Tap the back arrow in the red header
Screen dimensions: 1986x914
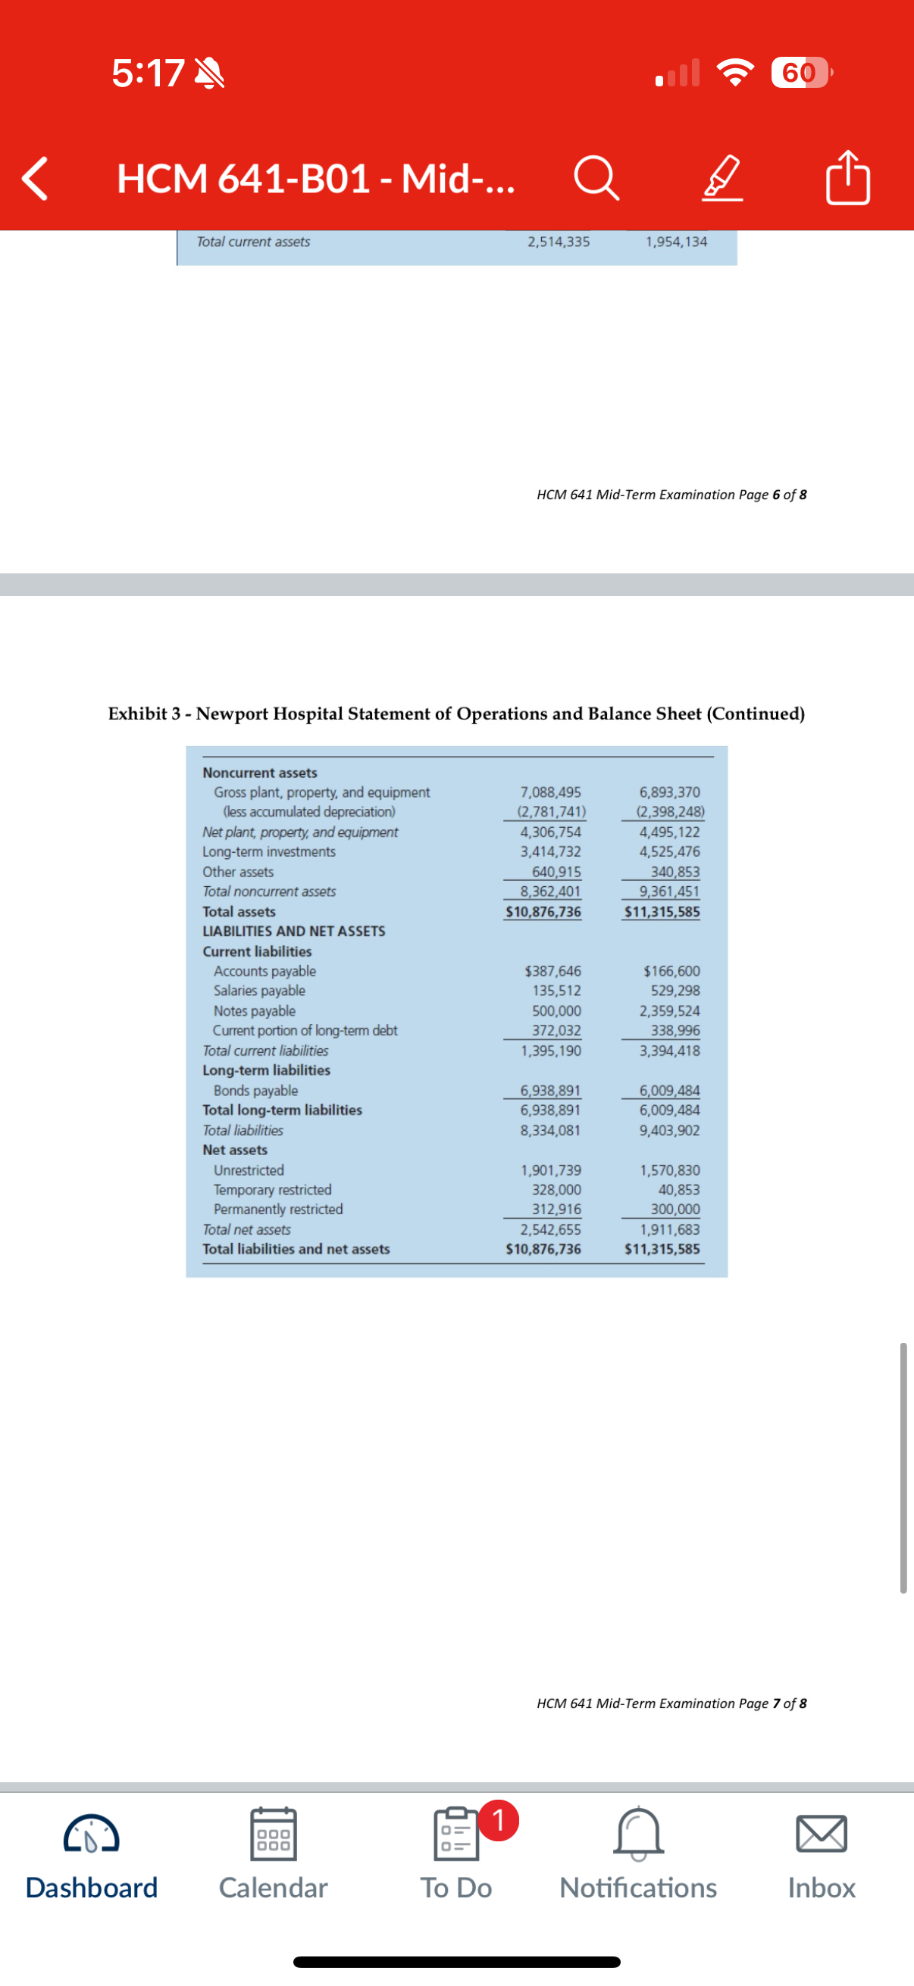click(36, 178)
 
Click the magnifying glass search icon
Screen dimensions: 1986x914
click(596, 178)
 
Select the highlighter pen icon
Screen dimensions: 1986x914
click(722, 178)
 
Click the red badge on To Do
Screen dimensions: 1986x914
click(498, 1820)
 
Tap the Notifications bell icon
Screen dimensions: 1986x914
click(638, 1833)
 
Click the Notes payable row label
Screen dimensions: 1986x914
click(255, 1010)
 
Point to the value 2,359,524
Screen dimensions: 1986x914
click(669, 1010)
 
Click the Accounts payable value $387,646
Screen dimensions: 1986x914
click(552, 971)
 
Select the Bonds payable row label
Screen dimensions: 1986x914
click(255, 1091)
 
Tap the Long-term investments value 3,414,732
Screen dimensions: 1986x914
click(551, 852)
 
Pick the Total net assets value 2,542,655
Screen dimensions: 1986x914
click(551, 1229)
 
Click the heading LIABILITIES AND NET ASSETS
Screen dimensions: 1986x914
click(294, 932)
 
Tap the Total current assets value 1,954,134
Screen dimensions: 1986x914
click(676, 242)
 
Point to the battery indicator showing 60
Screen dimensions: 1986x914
click(800, 73)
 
